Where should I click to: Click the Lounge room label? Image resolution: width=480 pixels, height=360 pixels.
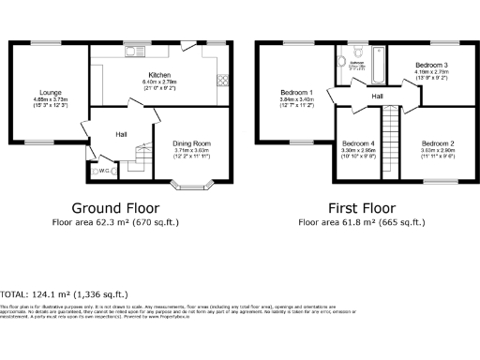[x=50, y=92]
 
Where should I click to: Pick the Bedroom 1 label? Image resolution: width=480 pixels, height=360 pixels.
[x=295, y=92]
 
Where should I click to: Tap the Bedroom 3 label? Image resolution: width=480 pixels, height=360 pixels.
[x=431, y=65]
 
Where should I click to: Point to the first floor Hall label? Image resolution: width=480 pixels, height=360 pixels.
[x=377, y=96]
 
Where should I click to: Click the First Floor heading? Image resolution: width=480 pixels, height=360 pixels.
[x=360, y=208]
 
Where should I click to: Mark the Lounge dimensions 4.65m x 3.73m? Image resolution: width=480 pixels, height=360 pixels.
[x=50, y=99]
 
